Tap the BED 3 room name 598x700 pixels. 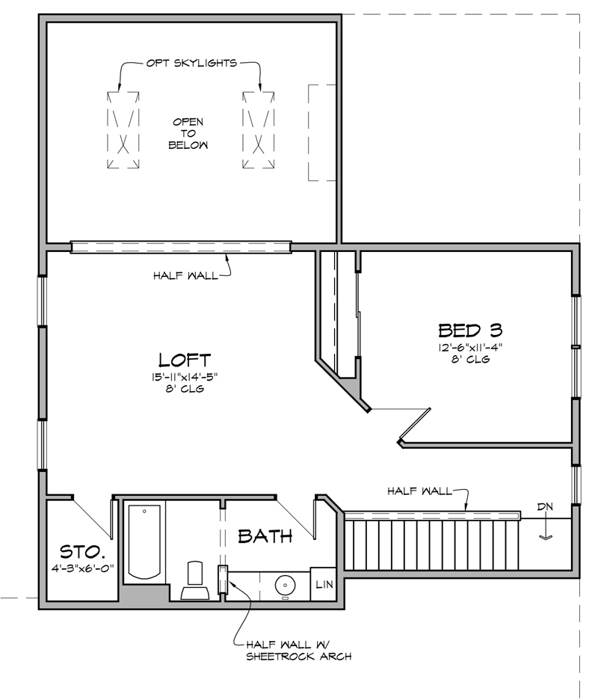469,329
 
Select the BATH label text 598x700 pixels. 265,535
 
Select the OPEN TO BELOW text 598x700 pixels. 188,133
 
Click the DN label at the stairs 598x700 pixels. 545,507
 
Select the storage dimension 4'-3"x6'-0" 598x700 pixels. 82,568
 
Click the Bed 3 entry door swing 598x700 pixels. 413,424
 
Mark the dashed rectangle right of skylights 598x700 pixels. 319,132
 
